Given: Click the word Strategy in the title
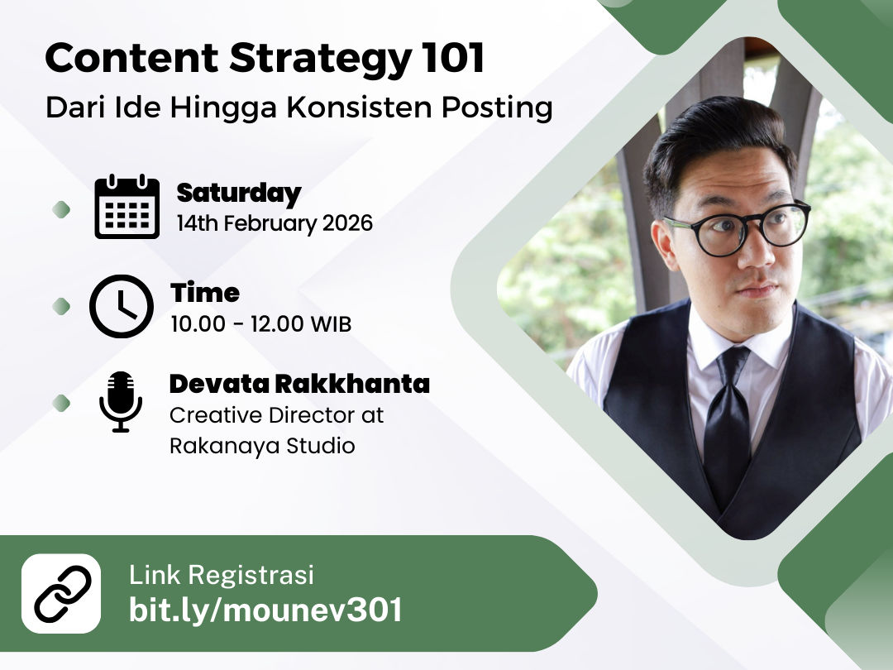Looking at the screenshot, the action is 321,60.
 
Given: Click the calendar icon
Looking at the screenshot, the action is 127,206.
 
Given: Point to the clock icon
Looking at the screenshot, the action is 122,306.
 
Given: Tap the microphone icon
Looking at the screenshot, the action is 121,402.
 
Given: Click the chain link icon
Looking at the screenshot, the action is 61,593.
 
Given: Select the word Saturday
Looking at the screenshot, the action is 239,194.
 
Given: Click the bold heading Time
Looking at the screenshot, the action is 205,293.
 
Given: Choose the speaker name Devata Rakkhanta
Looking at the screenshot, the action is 299,384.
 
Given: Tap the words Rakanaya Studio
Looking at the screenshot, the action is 262,446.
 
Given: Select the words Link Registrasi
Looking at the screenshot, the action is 221,575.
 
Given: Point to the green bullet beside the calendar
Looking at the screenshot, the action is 61,209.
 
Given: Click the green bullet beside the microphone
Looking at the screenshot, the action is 61,404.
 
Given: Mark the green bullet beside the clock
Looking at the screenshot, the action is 61,307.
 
